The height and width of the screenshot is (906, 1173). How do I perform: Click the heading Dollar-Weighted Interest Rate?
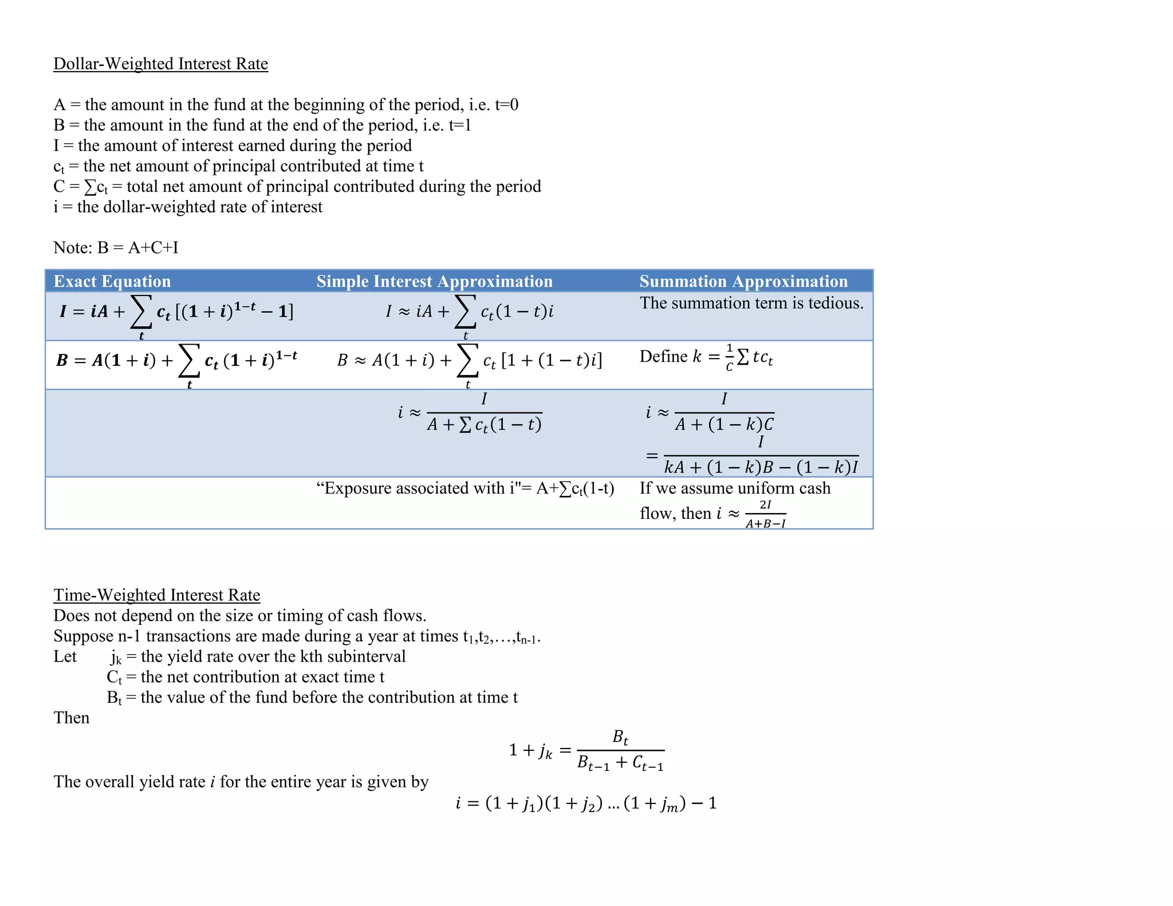coord(160,64)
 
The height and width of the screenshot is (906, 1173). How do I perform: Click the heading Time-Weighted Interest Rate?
coord(156,595)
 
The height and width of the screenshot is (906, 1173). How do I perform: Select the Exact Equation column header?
coord(112,281)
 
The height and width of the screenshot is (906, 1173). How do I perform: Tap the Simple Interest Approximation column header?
coord(434,281)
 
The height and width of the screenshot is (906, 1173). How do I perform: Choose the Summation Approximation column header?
coord(743,281)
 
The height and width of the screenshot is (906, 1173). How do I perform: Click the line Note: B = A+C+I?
coord(116,247)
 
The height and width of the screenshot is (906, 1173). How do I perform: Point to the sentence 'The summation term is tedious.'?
coord(751,303)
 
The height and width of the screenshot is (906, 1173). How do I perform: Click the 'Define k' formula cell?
coord(706,357)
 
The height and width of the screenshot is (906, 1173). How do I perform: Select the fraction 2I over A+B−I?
coord(765,514)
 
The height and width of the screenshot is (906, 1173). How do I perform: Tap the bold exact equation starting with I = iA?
coord(176,312)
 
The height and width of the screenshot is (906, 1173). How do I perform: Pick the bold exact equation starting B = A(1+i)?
coord(176,361)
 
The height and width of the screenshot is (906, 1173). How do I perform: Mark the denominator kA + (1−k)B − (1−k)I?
coord(761,467)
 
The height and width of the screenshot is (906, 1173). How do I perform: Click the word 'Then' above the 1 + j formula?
coord(72,718)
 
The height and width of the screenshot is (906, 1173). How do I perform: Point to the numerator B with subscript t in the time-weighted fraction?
coord(620,737)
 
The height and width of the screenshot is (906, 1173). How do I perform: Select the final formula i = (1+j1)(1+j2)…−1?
coord(586,803)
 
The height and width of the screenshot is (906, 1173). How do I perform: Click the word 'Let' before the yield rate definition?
coord(65,656)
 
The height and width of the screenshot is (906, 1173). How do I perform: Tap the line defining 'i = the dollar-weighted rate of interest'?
coord(188,207)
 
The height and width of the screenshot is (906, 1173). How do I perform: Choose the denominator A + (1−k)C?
coord(724,424)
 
